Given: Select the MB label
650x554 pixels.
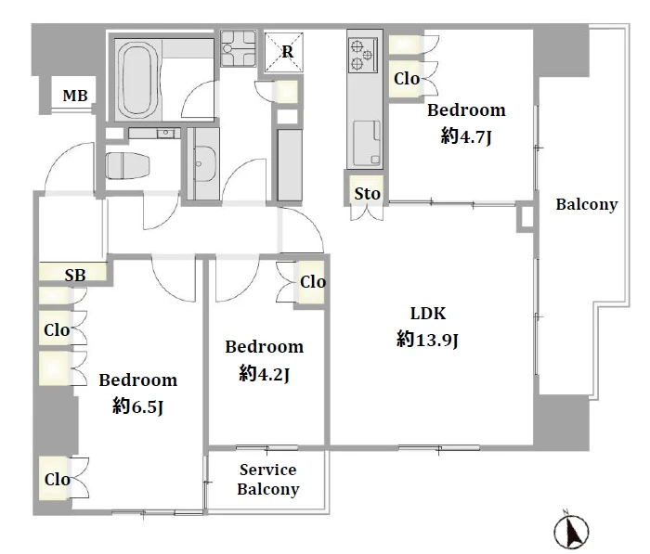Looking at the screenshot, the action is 75,96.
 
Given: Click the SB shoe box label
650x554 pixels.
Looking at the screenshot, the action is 75,275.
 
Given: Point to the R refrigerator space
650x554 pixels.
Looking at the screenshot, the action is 284,52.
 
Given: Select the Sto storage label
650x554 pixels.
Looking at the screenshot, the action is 368,194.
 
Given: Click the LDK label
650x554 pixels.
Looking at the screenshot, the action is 428,314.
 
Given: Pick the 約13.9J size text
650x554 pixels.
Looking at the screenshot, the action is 427,340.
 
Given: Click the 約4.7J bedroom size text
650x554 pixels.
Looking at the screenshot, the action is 466,135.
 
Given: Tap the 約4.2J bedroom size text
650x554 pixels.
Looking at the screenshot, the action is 264,374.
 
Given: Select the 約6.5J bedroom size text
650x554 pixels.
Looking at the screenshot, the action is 137,406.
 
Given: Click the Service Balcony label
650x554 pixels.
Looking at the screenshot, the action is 267,480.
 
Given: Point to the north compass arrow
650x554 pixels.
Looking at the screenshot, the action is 572,531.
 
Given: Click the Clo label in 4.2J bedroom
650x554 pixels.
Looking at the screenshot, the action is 313,282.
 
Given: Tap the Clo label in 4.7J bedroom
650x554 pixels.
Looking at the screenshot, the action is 407,79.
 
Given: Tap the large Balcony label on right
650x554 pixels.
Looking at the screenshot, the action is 587,205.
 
